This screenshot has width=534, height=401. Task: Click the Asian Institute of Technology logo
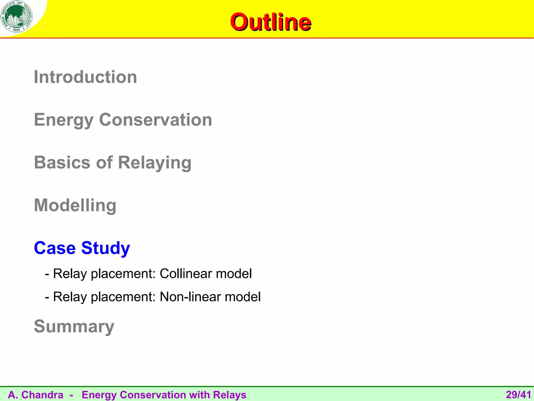(x=17, y=16)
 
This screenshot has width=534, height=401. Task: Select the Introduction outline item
(x=85, y=77)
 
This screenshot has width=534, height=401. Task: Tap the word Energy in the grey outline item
(x=64, y=120)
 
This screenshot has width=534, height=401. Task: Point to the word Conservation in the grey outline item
(x=155, y=120)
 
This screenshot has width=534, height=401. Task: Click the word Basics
(x=62, y=162)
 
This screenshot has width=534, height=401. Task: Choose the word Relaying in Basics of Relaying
(x=155, y=163)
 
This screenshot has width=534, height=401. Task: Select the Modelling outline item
(x=75, y=205)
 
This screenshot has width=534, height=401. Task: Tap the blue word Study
(x=106, y=248)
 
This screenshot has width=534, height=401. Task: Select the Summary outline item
(x=74, y=327)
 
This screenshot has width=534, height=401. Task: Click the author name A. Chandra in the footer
(x=36, y=395)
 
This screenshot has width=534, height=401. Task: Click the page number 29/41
(x=518, y=395)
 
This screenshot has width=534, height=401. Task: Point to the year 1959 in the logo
(x=16, y=30)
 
